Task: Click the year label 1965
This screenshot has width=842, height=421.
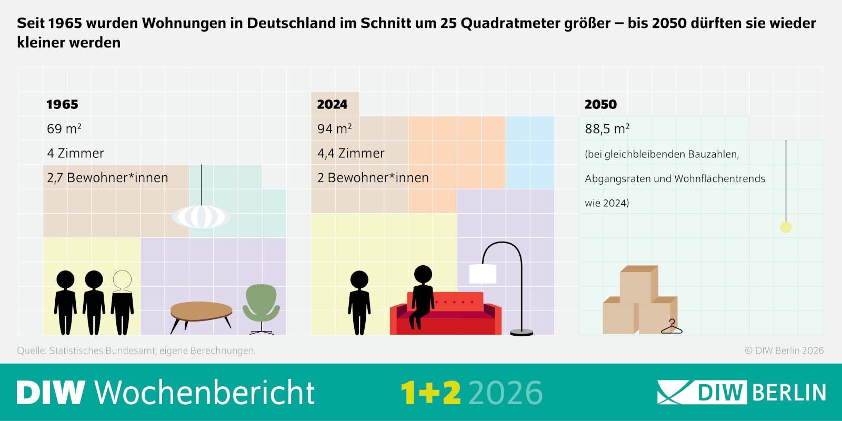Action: click(x=62, y=104)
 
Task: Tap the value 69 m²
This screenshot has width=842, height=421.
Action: click(x=64, y=129)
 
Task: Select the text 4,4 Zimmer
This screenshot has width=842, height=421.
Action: click(x=350, y=153)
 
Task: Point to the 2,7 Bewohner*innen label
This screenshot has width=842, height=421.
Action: click(x=107, y=178)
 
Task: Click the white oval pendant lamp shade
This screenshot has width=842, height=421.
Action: click(x=201, y=216)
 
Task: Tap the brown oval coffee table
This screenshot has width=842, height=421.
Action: click(x=202, y=311)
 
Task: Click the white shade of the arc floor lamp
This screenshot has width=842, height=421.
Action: click(x=483, y=274)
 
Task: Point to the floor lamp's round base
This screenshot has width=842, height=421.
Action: click(x=522, y=332)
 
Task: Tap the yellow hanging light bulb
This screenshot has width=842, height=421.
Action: click(x=786, y=227)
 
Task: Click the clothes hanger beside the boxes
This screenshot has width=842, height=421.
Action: click(x=671, y=327)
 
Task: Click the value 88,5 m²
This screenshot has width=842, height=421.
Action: click(x=607, y=129)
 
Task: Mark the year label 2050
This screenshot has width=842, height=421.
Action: click(x=600, y=104)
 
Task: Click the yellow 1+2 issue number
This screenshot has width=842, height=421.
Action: click(x=430, y=393)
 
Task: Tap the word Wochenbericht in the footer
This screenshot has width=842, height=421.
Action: click(x=204, y=393)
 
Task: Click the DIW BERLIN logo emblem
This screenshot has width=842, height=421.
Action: click(x=674, y=393)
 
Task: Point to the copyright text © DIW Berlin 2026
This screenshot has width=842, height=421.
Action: click(x=784, y=350)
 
